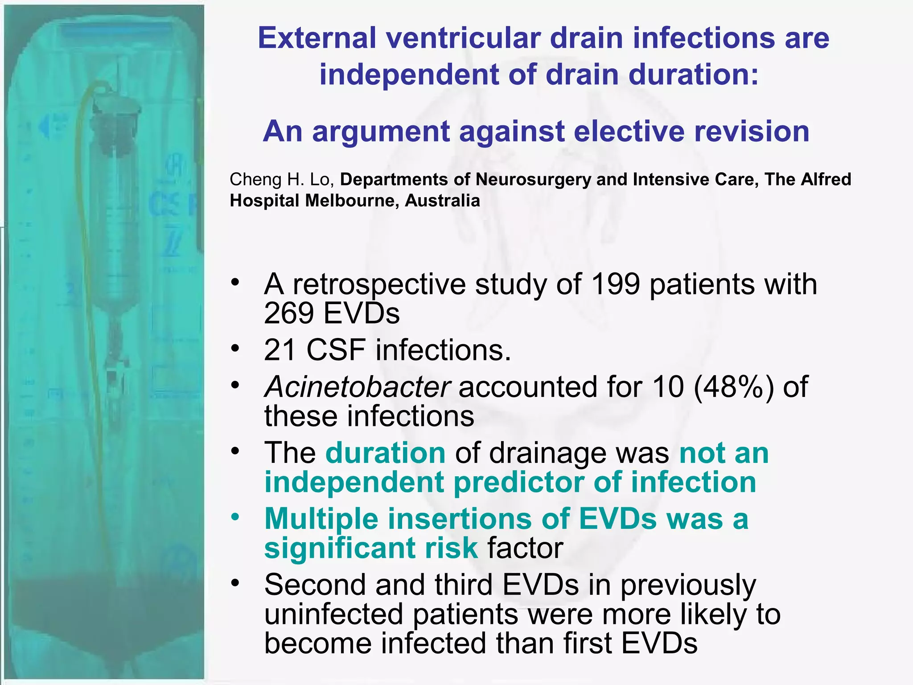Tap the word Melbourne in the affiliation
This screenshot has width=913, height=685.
pyautogui.click(x=353, y=201)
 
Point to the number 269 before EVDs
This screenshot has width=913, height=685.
pyautogui.click(x=289, y=313)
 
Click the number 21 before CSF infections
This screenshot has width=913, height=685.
pyautogui.click(x=280, y=350)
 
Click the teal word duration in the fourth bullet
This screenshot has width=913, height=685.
pyautogui.click(x=386, y=453)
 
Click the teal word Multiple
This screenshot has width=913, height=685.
pyautogui.click(x=321, y=519)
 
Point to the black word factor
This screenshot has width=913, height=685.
pyautogui.click(x=525, y=548)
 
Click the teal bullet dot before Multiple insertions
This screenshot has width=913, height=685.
pyautogui.click(x=235, y=517)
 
